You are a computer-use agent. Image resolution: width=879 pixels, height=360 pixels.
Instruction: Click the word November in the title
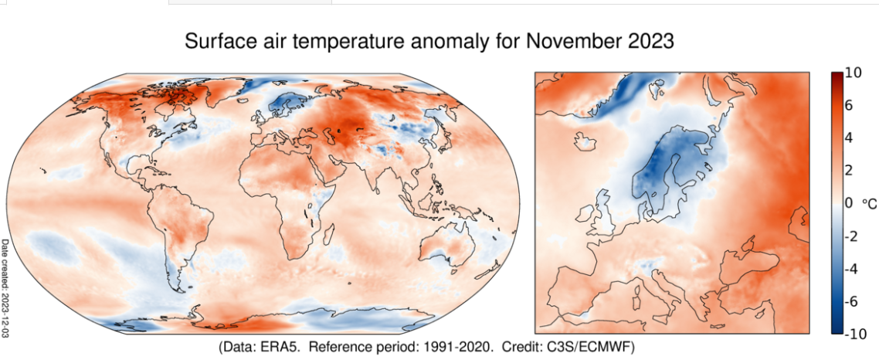click(567, 42)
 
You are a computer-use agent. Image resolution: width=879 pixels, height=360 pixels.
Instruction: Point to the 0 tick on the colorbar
click(850, 203)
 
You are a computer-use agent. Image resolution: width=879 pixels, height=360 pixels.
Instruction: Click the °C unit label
click(868, 203)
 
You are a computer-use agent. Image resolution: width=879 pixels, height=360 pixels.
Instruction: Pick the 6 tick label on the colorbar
click(850, 106)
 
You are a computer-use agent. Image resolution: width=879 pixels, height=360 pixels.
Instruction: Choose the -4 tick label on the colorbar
click(852, 269)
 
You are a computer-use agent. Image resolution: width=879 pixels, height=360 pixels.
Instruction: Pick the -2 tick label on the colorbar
click(852, 236)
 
